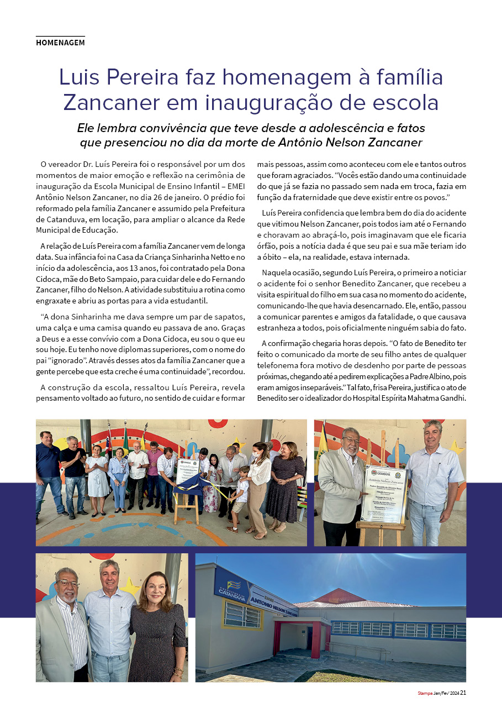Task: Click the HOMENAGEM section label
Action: point(60,43)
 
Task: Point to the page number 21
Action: point(463,693)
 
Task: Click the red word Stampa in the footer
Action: point(425,693)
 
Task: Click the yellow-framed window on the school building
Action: point(242,614)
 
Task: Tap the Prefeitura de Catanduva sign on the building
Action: point(231,584)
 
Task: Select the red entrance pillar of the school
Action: point(316,639)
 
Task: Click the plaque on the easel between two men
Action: point(386,494)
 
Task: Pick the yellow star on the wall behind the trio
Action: point(131,586)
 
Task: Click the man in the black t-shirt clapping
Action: point(73,470)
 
